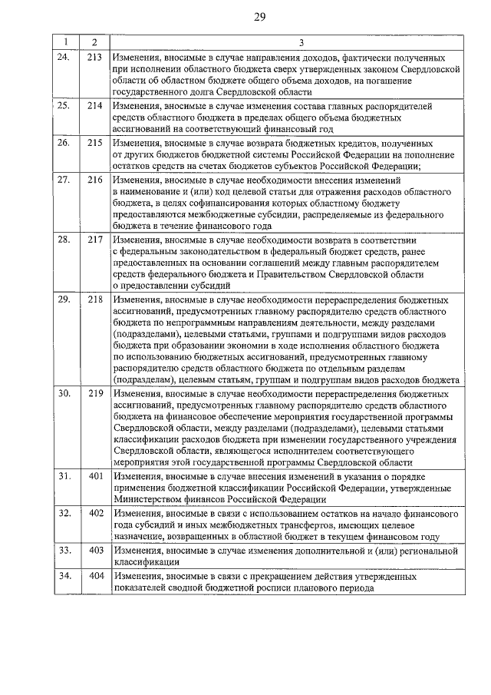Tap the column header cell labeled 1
point(66,42)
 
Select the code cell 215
point(94,142)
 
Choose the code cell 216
point(94,180)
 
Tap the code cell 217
point(94,239)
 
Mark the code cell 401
point(94,476)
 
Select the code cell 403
point(94,550)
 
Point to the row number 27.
point(64,180)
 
